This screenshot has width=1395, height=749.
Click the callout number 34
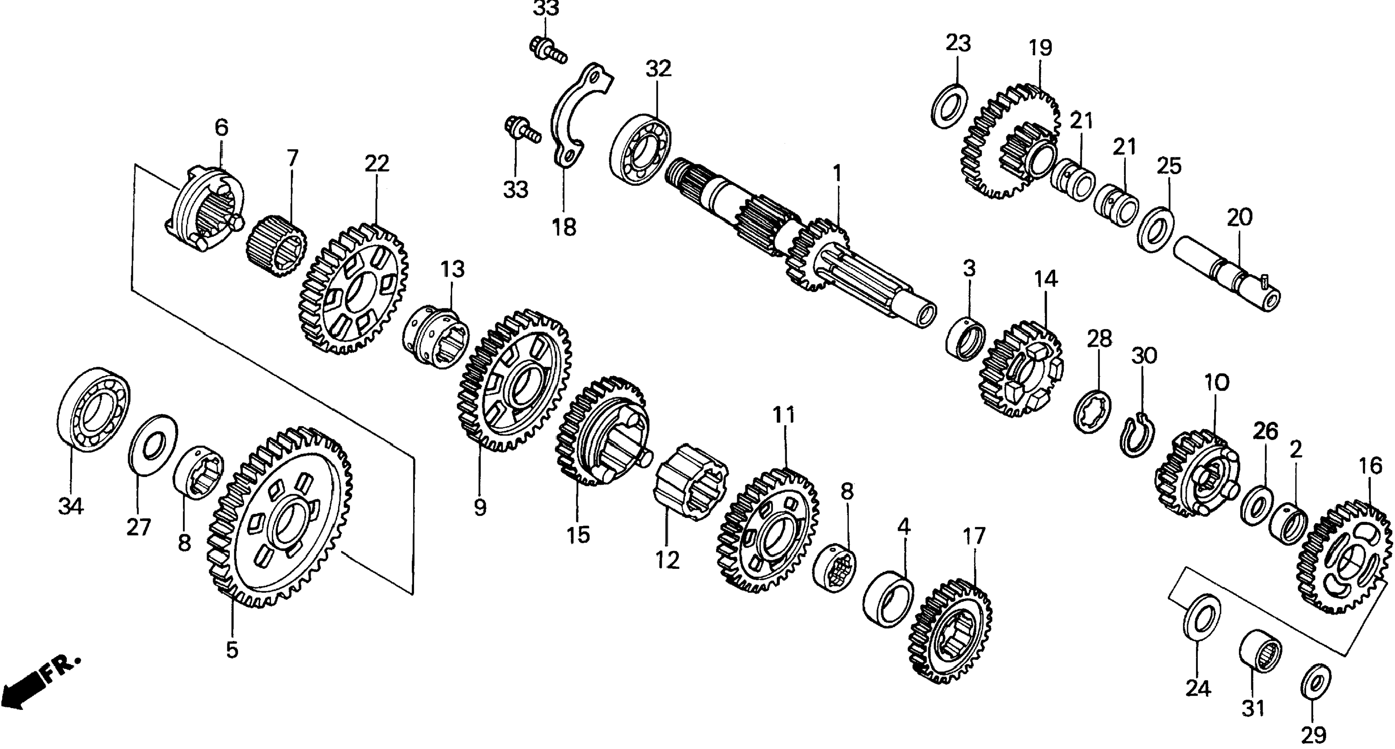tap(71, 507)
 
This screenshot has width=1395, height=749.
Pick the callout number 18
tap(564, 227)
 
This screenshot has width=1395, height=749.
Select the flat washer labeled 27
tap(152, 444)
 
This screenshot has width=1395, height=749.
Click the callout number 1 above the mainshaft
tap(837, 174)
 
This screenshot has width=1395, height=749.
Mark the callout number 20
tap(1240, 218)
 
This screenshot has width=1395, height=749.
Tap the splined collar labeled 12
tap(691, 482)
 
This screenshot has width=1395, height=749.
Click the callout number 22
tap(377, 163)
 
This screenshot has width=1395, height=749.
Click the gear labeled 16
tap(1346, 558)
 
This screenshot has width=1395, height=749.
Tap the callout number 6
tap(221, 128)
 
